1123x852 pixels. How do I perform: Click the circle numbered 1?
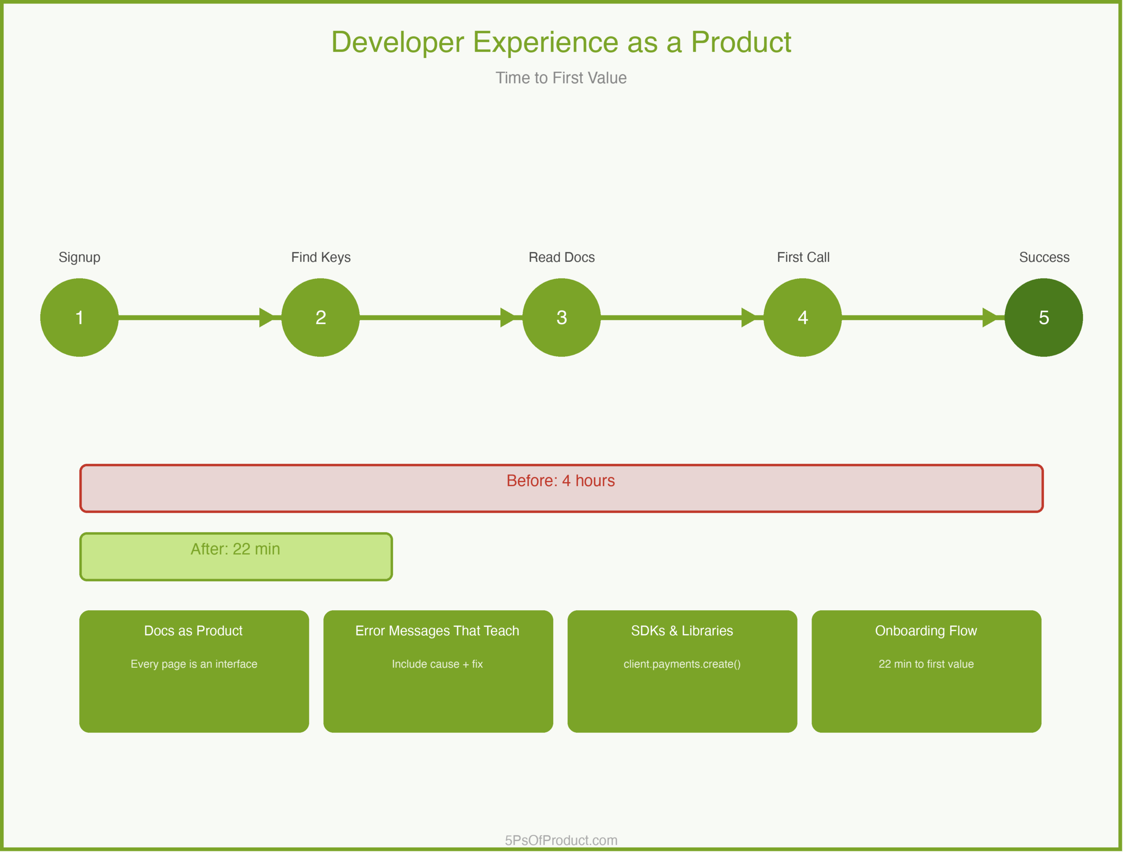[79, 317]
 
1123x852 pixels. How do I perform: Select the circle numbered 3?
[561, 317]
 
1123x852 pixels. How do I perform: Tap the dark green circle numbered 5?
[1043, 317]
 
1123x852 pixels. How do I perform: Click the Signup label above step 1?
[79, 257]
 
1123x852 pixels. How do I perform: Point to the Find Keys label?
[320, 257]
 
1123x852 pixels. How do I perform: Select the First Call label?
[803, 257]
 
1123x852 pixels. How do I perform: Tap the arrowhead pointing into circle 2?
[267, 317]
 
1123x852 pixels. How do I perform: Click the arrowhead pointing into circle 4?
[749, 317]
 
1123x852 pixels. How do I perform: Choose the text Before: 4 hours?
[561, 480]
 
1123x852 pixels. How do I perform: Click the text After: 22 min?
[235, 549]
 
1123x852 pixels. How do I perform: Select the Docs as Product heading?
[193, 630]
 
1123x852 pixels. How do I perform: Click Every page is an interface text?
[193, 664]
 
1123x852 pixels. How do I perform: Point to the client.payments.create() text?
[682, 664]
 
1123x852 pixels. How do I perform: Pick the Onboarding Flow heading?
[926, 630]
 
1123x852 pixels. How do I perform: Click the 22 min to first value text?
[926, 664]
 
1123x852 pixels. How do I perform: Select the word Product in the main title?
[741, 42]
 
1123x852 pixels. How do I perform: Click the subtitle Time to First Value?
[561, 78]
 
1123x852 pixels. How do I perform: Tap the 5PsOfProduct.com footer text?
[561, 840]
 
